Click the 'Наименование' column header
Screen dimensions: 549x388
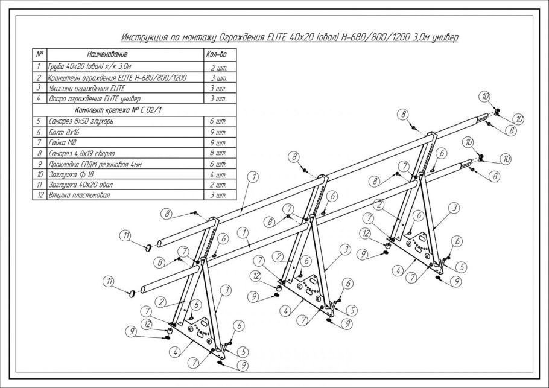(107, 55)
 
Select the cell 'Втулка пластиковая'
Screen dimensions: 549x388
(79, 196)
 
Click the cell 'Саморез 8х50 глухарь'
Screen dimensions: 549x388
(81, 121)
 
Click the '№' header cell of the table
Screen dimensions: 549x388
(40, 55)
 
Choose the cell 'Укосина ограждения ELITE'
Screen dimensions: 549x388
(87, 88)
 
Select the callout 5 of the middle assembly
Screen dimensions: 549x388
(352, 310)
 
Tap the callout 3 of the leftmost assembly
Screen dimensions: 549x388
(226, 290)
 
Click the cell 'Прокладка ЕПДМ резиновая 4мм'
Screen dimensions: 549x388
(95, 164)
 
